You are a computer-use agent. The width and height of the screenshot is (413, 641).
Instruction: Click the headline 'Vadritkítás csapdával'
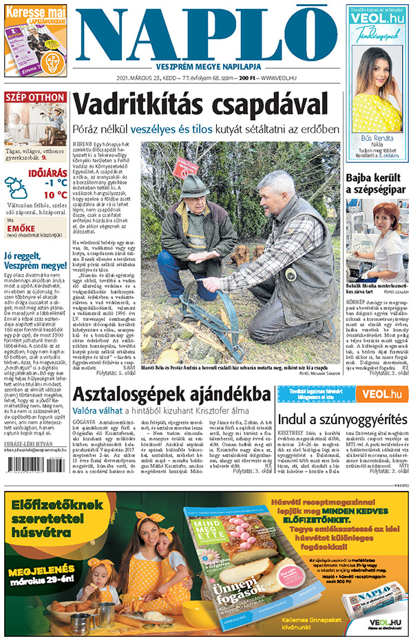[x=200, y=105]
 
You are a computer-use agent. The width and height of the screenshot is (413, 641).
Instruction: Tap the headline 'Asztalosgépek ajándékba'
[x=171, y=395]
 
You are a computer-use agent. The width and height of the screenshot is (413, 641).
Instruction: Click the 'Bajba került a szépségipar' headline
[x=376, y=184]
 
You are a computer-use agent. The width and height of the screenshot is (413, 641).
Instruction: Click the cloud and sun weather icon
[x=17, y=188]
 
